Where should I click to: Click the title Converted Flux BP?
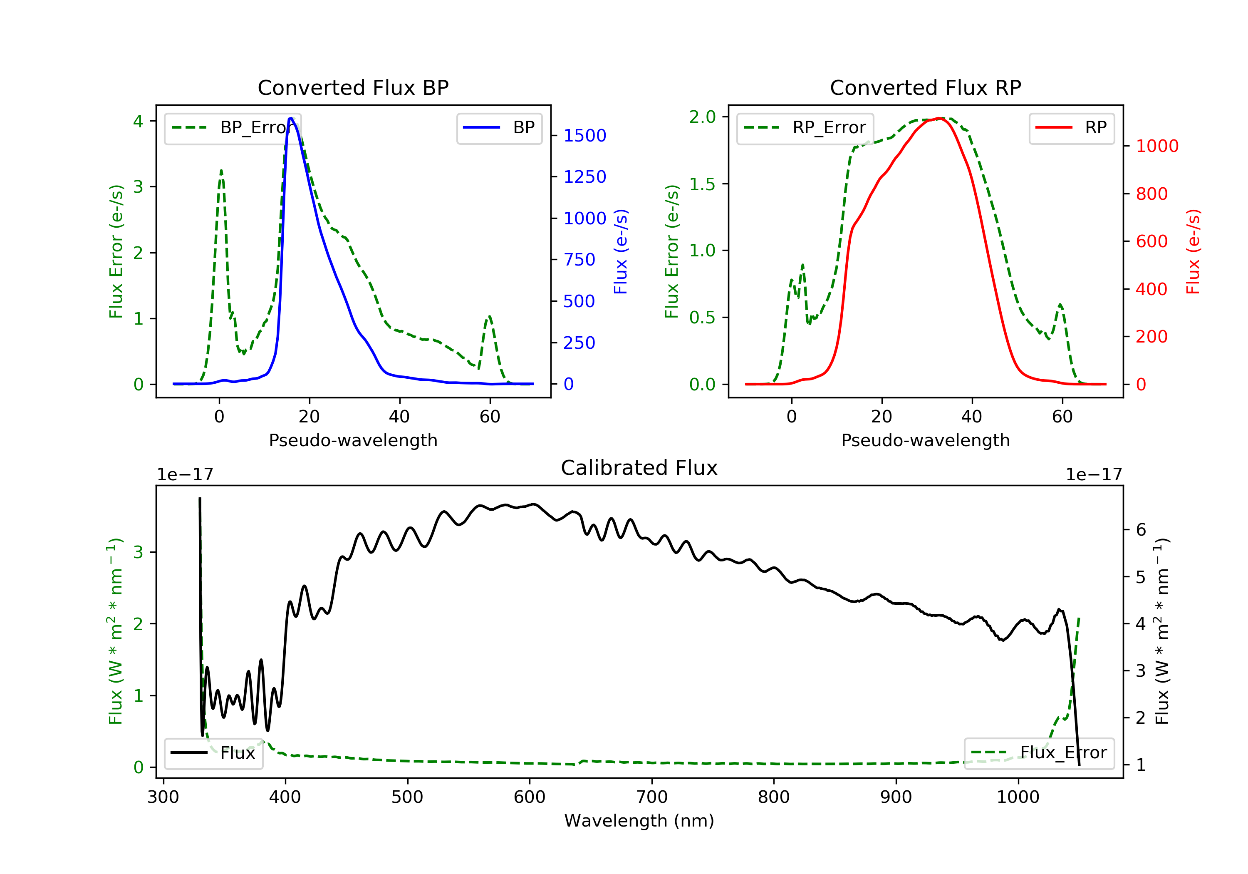click(353, 87)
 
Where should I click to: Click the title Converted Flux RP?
click(925, 87)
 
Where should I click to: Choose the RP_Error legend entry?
click(805, 128)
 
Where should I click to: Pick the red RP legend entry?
click(1071, 128)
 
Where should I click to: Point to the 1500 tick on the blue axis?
click(584, 135)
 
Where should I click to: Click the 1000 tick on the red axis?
click(1156, 146)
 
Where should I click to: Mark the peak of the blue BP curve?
click(291, 118)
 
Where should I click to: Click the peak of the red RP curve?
click(940, 118)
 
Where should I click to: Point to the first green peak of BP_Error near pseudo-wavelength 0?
click(221, 171)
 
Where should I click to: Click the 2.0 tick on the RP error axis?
click(702, 117)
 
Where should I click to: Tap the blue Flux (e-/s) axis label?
click(621, 251)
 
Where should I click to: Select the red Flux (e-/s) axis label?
click(1193, 251)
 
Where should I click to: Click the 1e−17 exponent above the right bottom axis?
click(1093, 475)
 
